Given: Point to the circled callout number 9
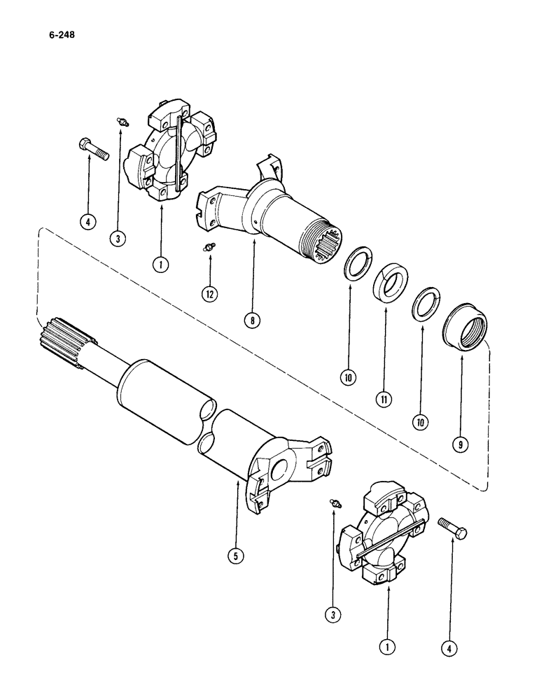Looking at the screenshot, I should [462, 444].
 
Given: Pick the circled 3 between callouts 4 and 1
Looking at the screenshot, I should [119, 239].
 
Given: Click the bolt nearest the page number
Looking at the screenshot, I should [91, 148].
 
